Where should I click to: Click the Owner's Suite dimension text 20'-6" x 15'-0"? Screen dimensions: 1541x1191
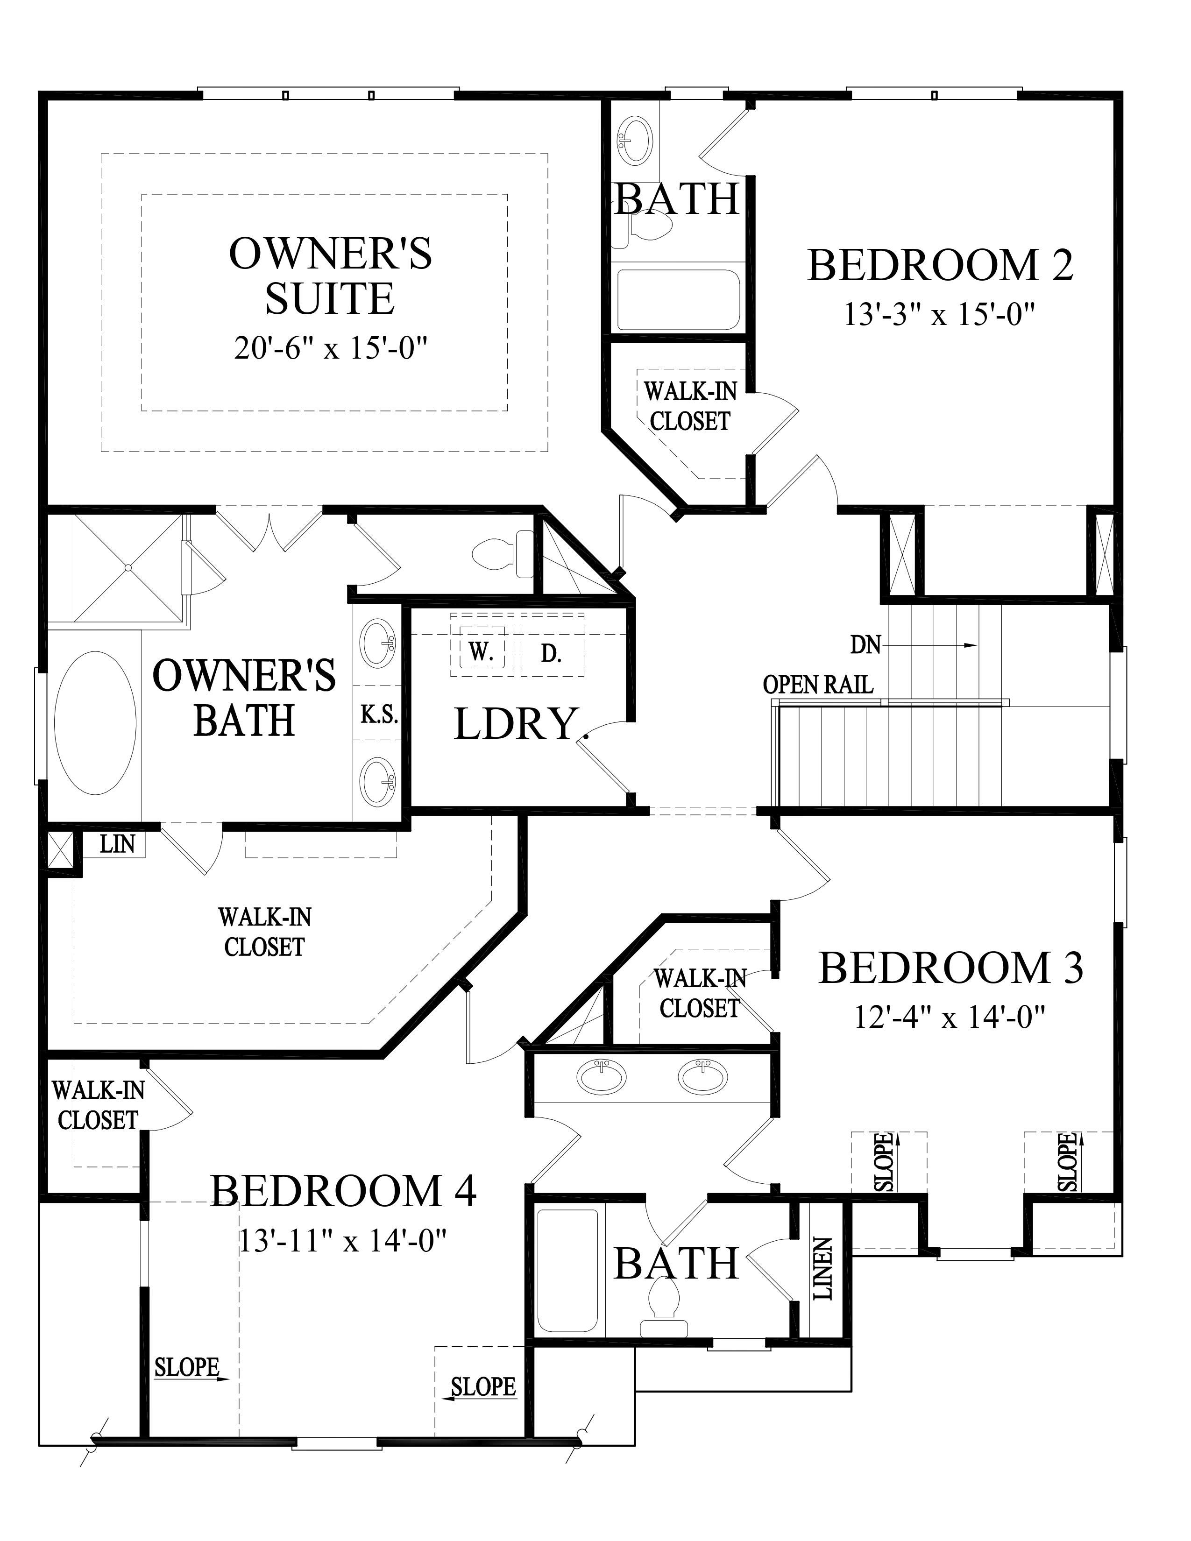coord(331,348)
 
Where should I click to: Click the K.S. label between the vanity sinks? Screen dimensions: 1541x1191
coord(380,715)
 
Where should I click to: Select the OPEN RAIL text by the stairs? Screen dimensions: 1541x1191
coord(818,685)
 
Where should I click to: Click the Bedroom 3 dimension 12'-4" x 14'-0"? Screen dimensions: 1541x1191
coord(949,1018)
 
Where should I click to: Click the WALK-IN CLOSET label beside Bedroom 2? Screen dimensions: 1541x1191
coord(689,406)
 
